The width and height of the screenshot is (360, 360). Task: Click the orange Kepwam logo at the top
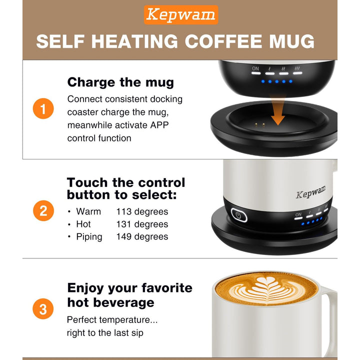click(x=180, y=15)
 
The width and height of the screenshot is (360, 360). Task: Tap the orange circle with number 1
click(x=43, y=109)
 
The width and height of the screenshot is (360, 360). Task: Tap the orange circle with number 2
click(x=43, y=210)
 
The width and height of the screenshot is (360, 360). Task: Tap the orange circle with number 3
click(x=43, y=309)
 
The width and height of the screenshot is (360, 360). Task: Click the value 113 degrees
click(x=142, y=211)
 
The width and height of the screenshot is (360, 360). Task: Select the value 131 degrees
click(x=142, y=224)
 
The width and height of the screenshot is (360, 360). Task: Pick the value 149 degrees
click(x=142, y=236)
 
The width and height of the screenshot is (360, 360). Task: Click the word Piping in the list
click(x=89, y=236)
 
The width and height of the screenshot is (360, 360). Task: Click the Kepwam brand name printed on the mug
click(x=310, y=191)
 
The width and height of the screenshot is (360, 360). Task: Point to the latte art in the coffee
click(x=265, y=290)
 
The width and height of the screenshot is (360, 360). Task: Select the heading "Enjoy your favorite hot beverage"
click(x=129, y=295)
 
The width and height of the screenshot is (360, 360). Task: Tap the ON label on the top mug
click(x=255, y=68)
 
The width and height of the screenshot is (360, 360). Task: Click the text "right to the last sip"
click(x=107, y=332)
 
